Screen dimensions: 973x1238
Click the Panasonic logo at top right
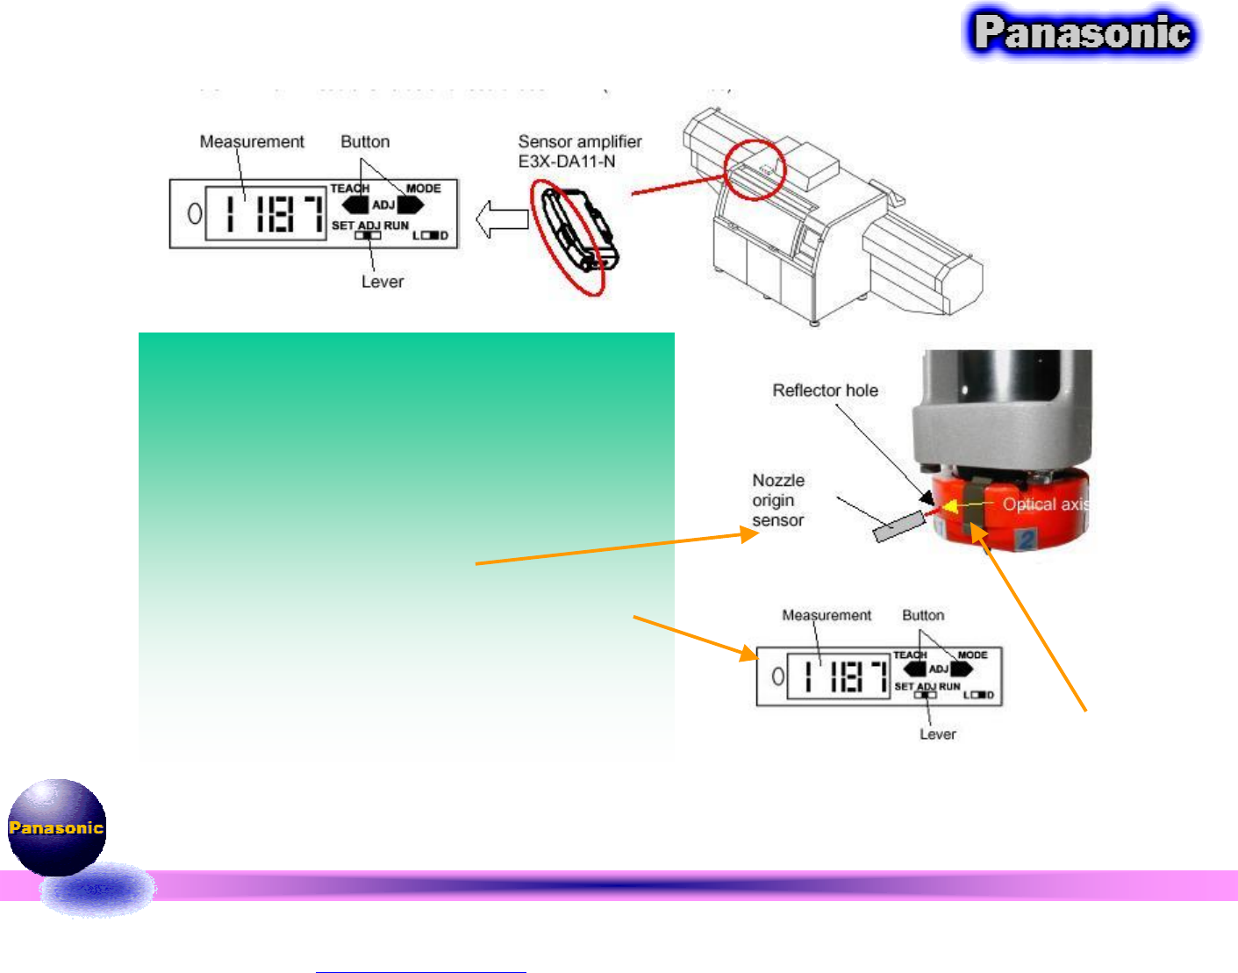[x=1082, y=33]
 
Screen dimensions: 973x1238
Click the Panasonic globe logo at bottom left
[x=56, y=826]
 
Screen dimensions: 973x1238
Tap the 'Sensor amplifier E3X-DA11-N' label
[x=580, y=151]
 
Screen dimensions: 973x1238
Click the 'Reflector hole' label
[x=825, y=390]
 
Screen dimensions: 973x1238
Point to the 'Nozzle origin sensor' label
[x=778, y=500]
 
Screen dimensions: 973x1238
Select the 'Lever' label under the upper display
[x=383, y=282]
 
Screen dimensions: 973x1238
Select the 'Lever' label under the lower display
[x=937, y=734]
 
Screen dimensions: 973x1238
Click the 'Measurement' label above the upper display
[x=252, y=142]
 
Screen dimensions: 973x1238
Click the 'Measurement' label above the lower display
[x=827, y=616]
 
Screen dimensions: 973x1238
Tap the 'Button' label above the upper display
[x=365, y=142]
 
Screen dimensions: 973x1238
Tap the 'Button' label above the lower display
[x=923, y=616]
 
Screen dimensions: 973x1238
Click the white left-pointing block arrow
[x=501, y=219]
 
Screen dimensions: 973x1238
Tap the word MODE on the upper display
[x=423, y=189]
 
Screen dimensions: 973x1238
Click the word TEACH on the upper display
[x=349, y=189]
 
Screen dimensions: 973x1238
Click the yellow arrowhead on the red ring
[x=950, y=505]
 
